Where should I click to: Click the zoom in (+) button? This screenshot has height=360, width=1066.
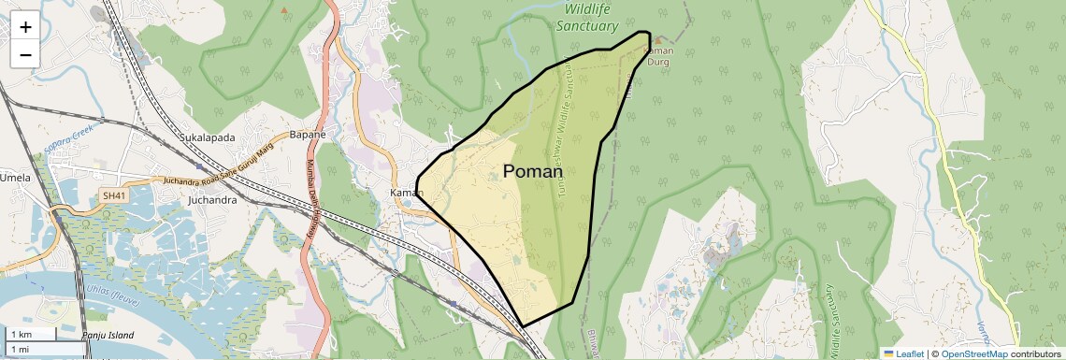coord(25,26)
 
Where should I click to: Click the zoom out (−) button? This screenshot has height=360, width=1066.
coord(25,54)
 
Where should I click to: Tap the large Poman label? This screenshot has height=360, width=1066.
coord(533,171)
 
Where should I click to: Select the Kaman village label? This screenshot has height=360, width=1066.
coord(407,193)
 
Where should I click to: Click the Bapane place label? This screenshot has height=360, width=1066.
coord(307,135)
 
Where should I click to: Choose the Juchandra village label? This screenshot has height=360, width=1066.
coord(212,200)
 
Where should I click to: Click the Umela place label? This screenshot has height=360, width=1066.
coord(15,178)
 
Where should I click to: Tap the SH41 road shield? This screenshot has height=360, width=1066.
coord(113,195)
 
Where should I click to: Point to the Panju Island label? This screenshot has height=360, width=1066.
coord(107,335)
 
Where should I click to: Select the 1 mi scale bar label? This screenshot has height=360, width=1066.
coord(20,350)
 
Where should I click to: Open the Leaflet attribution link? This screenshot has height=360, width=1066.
coord(903,353)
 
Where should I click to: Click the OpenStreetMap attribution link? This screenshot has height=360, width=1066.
coord(973,353)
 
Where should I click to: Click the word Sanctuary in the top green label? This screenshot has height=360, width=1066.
coord(587,26)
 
